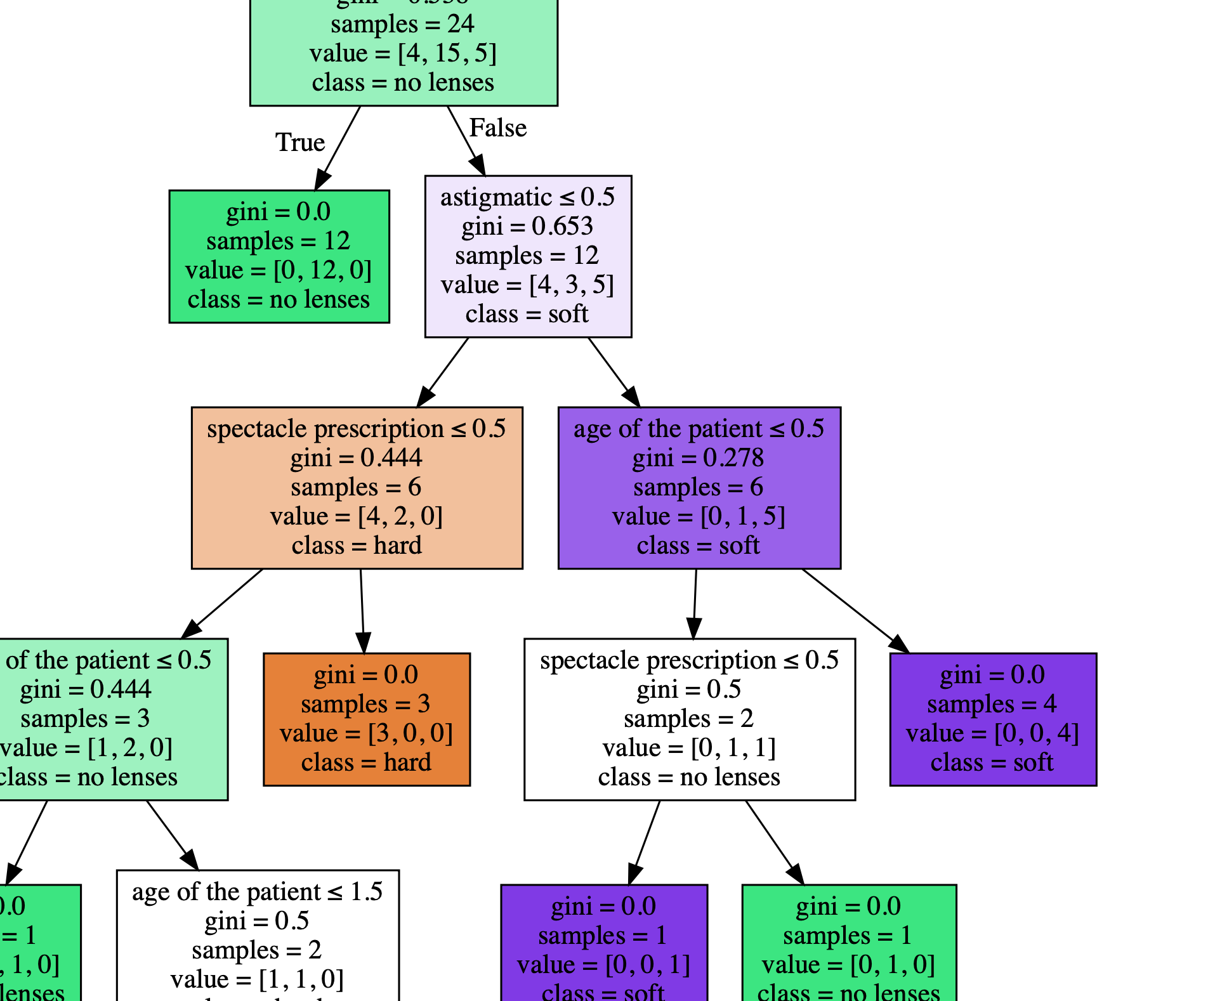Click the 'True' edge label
tap(299, 142)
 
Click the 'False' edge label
tap(497, 128)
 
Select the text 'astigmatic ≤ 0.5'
tap(527, 197)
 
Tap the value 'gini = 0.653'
tap(527, 226)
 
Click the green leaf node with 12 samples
tap(279, 256)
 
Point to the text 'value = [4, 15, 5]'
tap(403, 53)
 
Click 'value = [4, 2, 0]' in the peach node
tap(357, 516)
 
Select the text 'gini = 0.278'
tap(698, 458)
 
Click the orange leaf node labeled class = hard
tap(367, 719)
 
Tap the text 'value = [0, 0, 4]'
tap(992, 733)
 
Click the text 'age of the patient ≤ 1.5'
tap(257, 892)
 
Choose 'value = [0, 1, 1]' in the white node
tap(689, 748)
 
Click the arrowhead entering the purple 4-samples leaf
tap(899, 644)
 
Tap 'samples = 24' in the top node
tap(403, 24)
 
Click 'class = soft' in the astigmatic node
tap(527, 314)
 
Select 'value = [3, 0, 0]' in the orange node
tap(367, 733)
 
